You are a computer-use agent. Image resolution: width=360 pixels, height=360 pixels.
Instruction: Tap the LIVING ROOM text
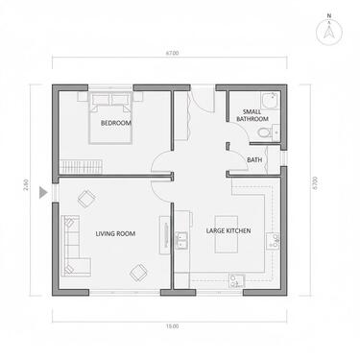point(114,233)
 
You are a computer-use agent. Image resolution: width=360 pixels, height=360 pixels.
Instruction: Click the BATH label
point(255,159)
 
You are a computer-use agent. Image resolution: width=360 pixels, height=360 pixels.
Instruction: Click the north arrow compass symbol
point(328,29)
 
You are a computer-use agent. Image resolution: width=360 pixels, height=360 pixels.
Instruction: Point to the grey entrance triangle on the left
point(42,192)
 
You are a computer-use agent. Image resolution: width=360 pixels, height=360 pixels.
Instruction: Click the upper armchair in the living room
point(85,198)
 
